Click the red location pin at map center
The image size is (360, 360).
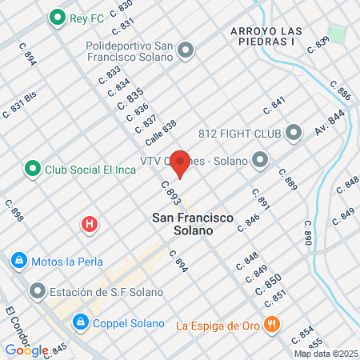[x=181, y=162]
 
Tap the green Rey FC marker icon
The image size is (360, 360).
[x=57, y=16]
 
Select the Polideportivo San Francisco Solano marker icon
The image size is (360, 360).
[x=186, y=51]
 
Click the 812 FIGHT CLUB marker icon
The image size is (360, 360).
[x=294, y=132]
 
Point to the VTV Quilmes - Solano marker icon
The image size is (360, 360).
[x=259, y=162]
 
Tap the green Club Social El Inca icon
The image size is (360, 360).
[x=32, y=169]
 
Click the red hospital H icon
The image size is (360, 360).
[x=90, y=224]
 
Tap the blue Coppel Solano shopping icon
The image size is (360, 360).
[x=80, y=323]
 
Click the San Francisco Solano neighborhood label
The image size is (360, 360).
[x=183, y=223]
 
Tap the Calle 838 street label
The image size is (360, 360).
[x=160, y=133]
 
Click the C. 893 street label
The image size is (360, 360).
[x=169, y=193]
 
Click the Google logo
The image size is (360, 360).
[x=26, y=350]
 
